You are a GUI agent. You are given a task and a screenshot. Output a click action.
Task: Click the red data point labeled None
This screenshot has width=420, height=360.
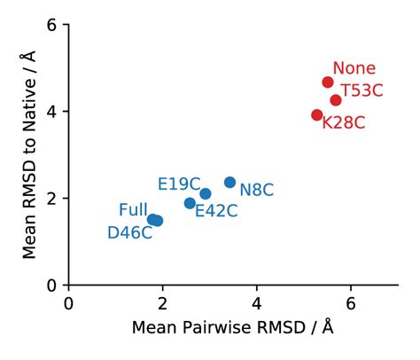pyautogui.click(x=328, y=82)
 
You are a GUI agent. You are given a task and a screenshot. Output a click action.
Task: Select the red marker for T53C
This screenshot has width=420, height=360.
pyautogui.click(x=336, y=100)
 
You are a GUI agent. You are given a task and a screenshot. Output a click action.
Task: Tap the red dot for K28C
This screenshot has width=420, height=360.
pyautogui.click(x=317, y=115)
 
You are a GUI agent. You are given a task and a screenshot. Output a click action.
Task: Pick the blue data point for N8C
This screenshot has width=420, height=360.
pyautogui.click(x=230, y=183)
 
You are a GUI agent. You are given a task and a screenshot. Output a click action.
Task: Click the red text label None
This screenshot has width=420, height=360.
pyautogui.click(x=354, y=68)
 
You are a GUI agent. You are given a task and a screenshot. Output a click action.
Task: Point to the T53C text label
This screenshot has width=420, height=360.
pyautogui.click(x=363, y=90)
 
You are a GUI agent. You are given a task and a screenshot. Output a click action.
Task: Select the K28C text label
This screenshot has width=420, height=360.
pyautogui.click(x=344, y=123)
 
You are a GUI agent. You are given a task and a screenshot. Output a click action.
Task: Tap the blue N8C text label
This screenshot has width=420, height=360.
pyautogui.click(x=257, y=190)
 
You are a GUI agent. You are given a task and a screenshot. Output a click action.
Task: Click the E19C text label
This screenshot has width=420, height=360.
pyautogui.click(x=179, y=184)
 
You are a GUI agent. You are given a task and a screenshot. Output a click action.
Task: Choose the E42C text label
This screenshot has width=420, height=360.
pyautogui.click(x=216, y=210)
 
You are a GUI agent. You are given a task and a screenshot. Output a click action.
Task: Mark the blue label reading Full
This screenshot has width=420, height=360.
pyautogui.click(x=133, y=210)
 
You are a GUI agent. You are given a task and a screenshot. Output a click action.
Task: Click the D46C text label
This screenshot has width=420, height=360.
pyautogui.click(x=130, y=233)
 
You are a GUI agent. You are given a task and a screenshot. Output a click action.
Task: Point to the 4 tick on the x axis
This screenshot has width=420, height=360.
pyautogui.click(x=257, y=301)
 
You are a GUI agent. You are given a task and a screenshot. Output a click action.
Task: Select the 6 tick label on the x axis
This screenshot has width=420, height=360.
pyautogui.click(x=351, y=301)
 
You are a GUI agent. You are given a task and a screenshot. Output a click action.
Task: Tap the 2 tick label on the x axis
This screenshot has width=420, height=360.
pyautogui.click(x=163, y=301)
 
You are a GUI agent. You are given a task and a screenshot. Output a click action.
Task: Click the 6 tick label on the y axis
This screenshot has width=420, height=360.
pyautogui.click(x=52, y=25)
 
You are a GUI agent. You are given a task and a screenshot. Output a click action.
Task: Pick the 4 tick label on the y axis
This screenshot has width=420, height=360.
pyautogui.click(x=52, y=112)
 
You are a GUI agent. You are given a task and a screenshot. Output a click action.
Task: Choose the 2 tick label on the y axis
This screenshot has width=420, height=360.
pyautogui.click(x=52, y=199)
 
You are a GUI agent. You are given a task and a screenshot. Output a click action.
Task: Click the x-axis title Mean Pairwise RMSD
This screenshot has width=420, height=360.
pyautogui.click(x=232, y=328)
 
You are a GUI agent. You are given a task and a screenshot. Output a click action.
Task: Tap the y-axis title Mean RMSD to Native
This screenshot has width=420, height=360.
pyautogui.click(x=29, y=155)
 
